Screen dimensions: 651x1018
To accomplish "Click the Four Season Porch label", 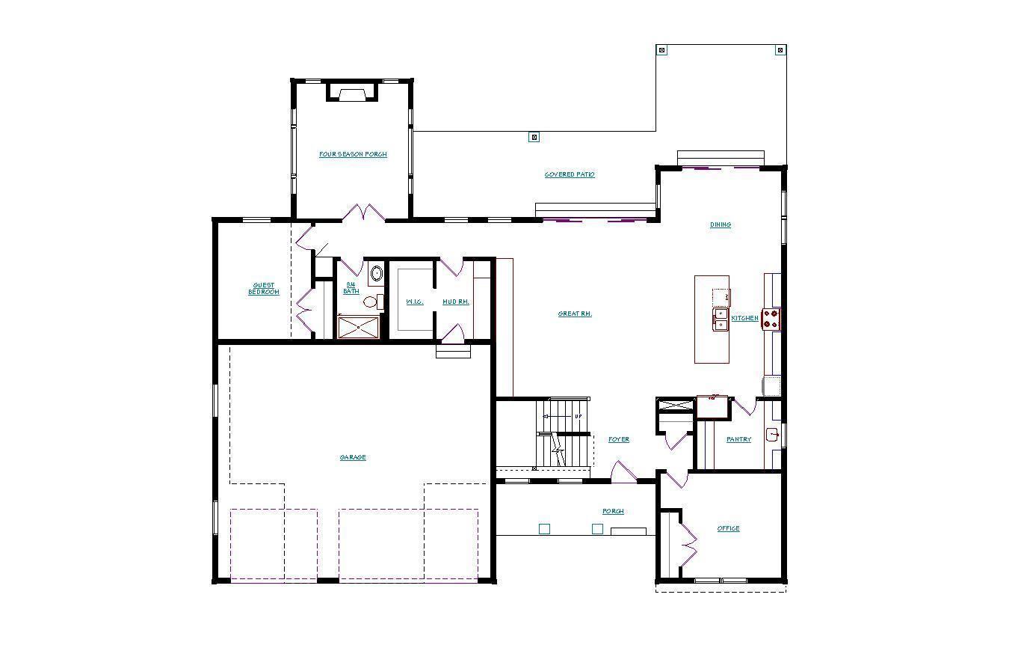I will coord(353,154).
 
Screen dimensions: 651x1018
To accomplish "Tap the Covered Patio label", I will coord(570,174).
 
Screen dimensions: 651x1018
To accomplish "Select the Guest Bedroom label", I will coord(264,289).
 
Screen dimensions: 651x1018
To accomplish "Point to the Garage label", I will coord(353,457).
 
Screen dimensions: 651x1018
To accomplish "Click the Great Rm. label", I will coord(575,314).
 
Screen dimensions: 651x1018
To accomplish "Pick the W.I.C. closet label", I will coord(415,302).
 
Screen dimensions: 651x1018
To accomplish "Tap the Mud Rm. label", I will coord(456,302).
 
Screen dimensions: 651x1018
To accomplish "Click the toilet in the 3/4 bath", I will coord(371,302).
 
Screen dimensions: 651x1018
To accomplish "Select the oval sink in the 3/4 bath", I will coord(377,273).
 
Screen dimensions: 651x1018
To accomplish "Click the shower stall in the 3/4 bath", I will coord(359,327).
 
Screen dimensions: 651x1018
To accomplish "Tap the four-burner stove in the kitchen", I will coord(771,319).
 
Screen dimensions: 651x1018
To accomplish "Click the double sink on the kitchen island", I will coord(721,320).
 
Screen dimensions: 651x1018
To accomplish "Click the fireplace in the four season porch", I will coord(352,94).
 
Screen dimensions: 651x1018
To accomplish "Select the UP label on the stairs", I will coord(578,416).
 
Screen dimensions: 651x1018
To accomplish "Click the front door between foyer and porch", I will coord(623,473).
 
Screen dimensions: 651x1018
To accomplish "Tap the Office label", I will coord(728,528).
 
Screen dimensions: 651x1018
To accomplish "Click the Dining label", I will coord(721,224).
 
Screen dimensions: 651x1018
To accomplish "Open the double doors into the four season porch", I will coord(363,213).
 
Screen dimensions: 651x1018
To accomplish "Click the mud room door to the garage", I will coord(453,334).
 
